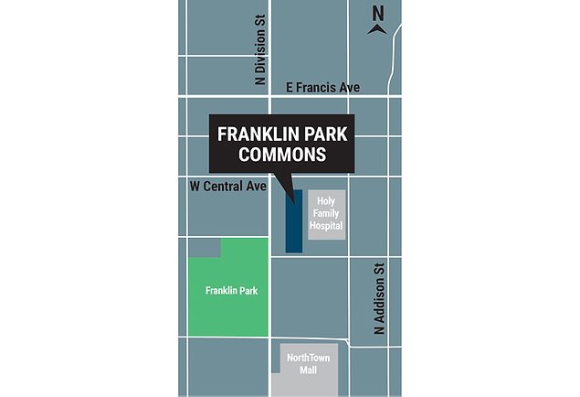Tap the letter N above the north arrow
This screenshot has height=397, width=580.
[377, 12]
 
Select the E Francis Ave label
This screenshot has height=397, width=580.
[322, 87]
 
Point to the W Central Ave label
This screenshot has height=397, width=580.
[227, 186]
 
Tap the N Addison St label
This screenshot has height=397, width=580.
[379, 300]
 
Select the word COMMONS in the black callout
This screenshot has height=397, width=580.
[282, 155]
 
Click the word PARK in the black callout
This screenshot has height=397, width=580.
[326, 134]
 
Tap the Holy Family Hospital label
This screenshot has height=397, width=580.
[327, 213]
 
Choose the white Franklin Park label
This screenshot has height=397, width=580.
[230, 291]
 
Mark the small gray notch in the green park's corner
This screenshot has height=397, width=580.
[206, 247]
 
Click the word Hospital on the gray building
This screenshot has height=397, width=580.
[327, 224]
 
